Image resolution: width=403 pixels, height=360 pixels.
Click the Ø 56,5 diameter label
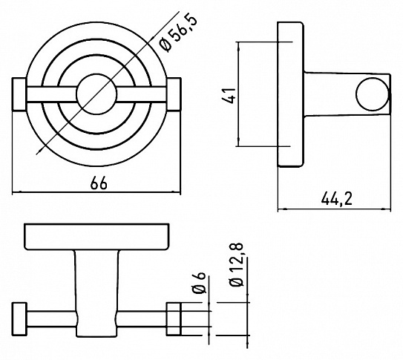click(x=178, y=33)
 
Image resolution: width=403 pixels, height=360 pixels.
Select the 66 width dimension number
click(x=99, y=183)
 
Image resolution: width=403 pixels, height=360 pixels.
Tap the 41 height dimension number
click(x=229, y=96)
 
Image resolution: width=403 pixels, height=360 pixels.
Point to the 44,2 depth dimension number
click(x=336, y=198)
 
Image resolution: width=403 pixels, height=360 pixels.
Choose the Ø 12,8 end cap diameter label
click(x=237, y=265)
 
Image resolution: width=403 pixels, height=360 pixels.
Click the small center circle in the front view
click(x=97, y=94)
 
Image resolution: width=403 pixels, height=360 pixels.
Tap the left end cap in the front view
click(x=19, y=94)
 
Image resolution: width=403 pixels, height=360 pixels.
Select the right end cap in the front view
click(x=174, y=94)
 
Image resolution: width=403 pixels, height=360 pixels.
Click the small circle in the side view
click(x=372, y=94)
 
